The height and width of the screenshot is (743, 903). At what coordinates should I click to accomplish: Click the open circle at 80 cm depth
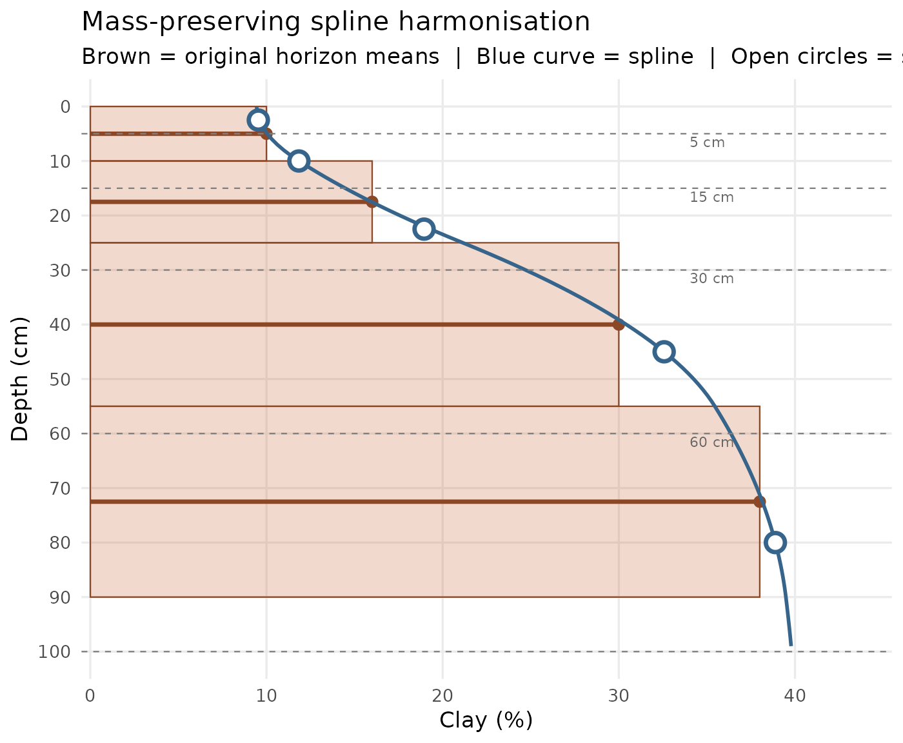(775, 542)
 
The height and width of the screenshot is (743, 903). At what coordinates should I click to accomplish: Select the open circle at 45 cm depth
(664, 352)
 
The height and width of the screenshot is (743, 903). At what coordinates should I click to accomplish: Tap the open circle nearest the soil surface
(258, 120)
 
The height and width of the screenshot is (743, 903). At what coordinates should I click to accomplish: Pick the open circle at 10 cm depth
(299, 161)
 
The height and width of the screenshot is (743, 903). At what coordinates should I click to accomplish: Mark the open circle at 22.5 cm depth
(424, 229)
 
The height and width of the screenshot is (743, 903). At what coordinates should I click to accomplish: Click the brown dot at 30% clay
(619, 324)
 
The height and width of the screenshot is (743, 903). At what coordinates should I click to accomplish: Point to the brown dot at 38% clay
(760, 501)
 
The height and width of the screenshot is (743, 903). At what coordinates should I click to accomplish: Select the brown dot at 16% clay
(372, 202)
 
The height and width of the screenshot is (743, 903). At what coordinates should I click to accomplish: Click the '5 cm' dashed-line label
(707, 143)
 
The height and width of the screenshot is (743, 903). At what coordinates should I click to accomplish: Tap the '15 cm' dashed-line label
(711, 197)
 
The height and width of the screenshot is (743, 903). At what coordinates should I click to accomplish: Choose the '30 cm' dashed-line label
(711, 279)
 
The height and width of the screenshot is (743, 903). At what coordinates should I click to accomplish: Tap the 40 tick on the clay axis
(795, 695)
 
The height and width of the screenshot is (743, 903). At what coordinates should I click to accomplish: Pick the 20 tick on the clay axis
(442, 695)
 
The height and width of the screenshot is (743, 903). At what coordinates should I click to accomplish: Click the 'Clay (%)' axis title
(486, 720)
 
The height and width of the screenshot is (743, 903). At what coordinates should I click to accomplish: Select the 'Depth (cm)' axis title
(21, 379)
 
